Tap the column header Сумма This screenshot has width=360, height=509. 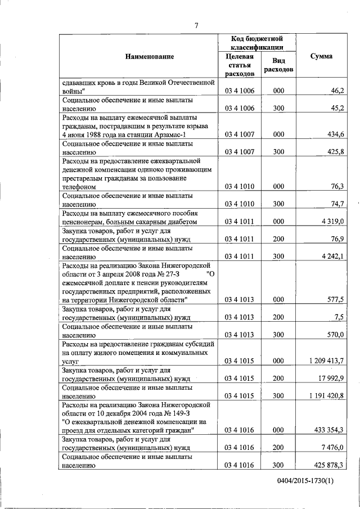321,56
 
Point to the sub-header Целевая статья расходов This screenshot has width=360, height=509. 240,65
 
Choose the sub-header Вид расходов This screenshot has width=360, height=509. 278,66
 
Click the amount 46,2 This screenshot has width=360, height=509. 337,91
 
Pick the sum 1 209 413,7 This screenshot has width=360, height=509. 326,359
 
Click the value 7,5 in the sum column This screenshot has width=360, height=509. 339,317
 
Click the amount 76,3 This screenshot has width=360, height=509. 337,186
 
